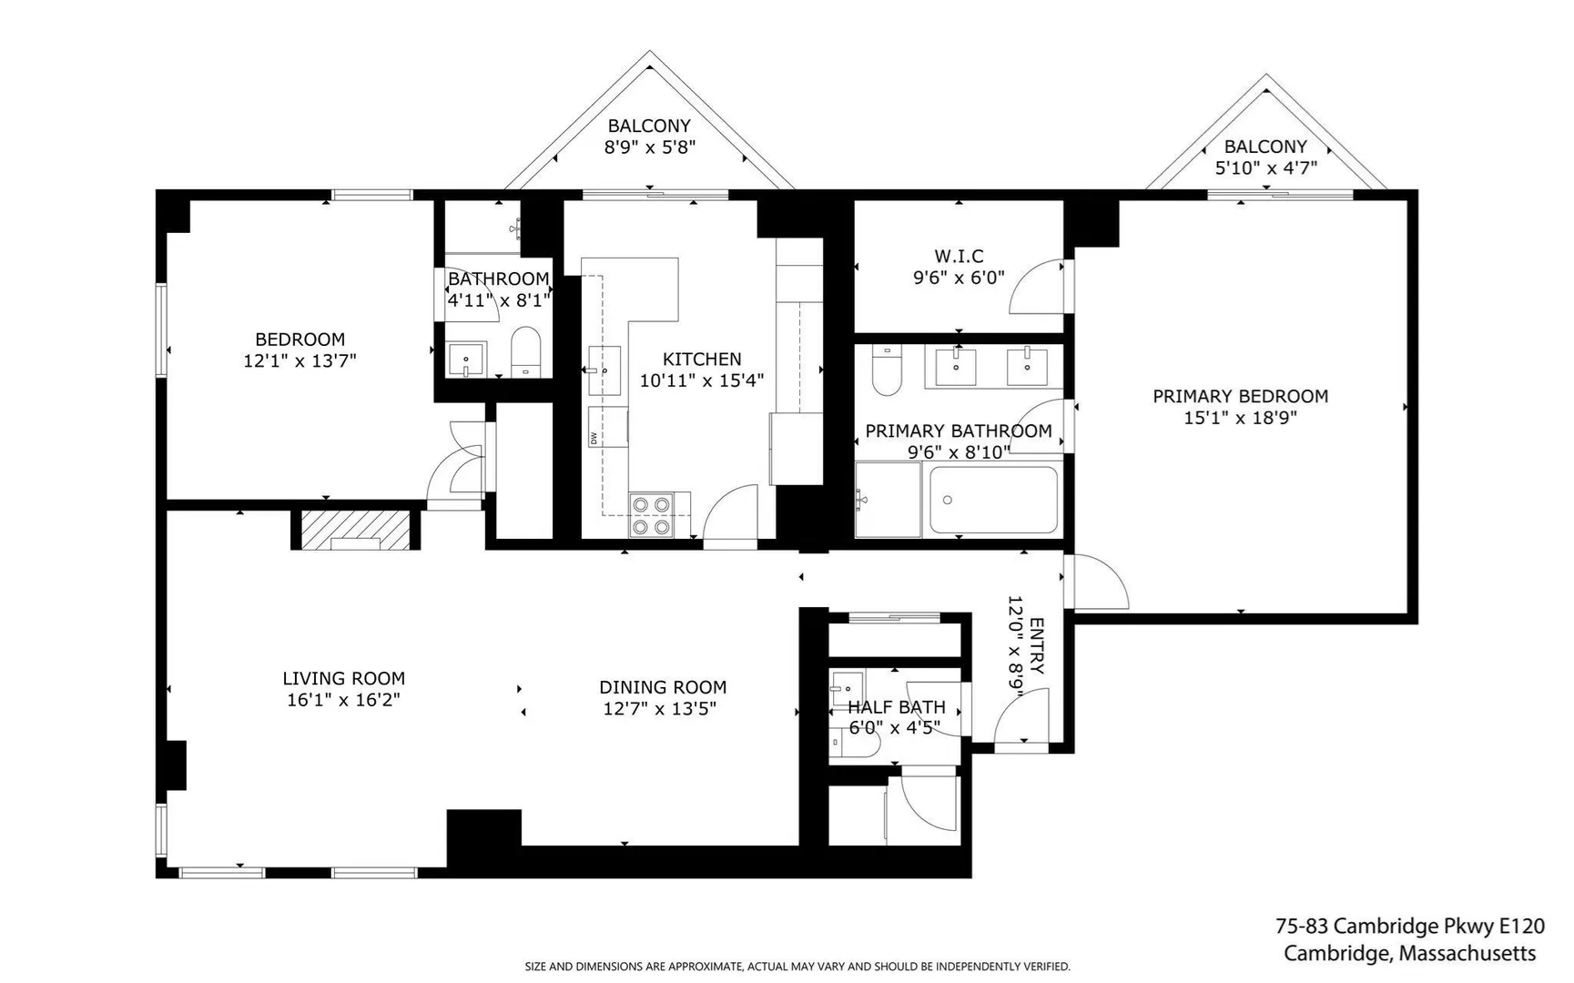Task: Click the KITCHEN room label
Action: pos(702,359)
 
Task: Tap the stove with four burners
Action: pos(651,515)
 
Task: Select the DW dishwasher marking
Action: pos(594,438)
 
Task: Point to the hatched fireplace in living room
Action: pos(355,530)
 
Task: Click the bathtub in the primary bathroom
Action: pos(994,500)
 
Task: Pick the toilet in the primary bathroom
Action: pos(886,370)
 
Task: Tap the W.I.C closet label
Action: pos(959,256)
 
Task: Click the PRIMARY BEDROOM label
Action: pos(1240,396)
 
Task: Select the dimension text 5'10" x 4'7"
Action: pos(1265,167)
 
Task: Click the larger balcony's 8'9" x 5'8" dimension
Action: pos(650,147)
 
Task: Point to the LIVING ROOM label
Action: pos(343,678)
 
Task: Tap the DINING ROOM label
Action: pos(663,687)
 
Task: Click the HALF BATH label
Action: pos(897,706)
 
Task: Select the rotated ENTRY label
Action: pos(1036,646)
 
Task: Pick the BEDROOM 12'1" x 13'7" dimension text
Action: pos(300,360)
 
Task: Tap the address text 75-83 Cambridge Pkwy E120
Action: pos(1410,927)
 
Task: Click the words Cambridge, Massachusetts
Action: pos(1410,954)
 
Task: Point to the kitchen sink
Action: pos(604,370)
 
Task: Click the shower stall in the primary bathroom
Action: pos(889,500)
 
